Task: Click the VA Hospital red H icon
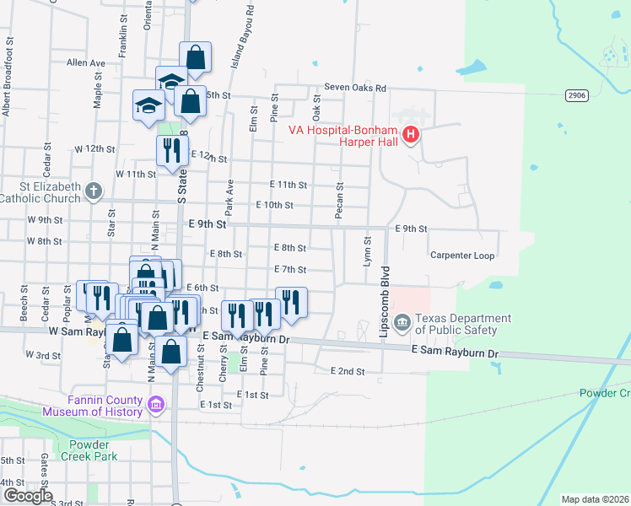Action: (x=411, y=135)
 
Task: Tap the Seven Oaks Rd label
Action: (x=355, y=88)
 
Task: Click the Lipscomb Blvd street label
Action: (x=385, y=302)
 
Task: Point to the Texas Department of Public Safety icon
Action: (x=402, y=321)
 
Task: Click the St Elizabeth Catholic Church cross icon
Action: (x=94, y=193)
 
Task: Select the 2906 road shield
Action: (x=576, y=96)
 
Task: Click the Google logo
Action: (x=27, y=496)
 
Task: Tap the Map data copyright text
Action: (x=595, y=499)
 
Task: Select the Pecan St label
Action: (x=339, y=202)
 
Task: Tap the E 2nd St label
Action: (x=347, y=371)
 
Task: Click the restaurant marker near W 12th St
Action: (x=172, y=151)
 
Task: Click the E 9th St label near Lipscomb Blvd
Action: (x=412, y=229)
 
